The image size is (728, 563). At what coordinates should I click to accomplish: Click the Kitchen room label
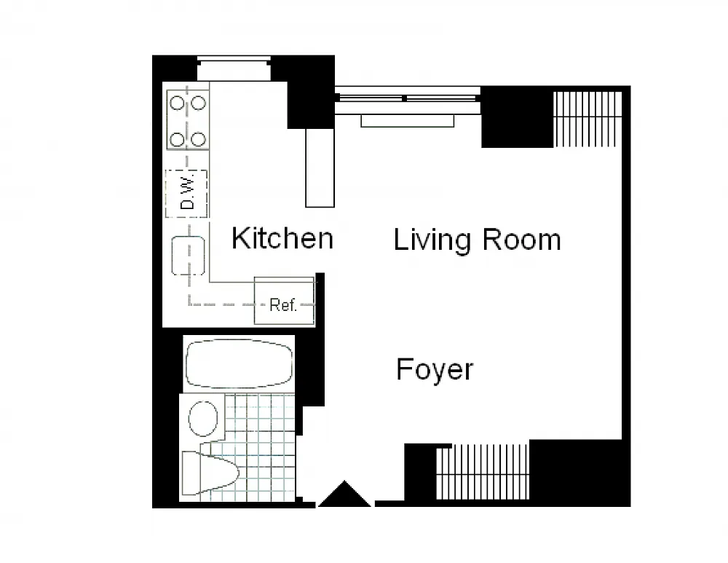(282, 238)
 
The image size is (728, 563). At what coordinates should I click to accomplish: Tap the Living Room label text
(478, 240)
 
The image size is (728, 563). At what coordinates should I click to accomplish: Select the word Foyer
(435, 370)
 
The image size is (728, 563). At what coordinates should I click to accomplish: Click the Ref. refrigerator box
(284, 301)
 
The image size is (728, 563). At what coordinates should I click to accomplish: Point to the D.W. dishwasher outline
(186, 193)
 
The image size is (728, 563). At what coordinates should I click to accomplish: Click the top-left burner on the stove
(177, 103)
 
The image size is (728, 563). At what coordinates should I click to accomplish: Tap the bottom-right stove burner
(199, 139)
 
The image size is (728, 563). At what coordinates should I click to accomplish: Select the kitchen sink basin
(188, 256)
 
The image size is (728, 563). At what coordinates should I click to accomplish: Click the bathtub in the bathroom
(239, 363)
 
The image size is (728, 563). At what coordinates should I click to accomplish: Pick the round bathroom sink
(203, 418)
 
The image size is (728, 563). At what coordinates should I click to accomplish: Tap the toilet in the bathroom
(210, 473)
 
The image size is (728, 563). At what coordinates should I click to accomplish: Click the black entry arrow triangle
(344, 494)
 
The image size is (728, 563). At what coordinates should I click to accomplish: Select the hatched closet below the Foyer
(483, 471)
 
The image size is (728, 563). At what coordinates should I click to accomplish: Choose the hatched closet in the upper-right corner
(587, 119)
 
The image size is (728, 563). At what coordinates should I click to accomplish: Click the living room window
(408, 98)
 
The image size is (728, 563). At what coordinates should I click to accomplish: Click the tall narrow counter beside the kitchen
(320, 168)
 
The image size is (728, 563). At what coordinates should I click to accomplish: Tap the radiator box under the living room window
(408, 121)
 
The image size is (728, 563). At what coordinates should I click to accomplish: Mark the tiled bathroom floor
(254, 447)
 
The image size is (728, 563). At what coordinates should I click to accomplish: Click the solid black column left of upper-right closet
(517, 117)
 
